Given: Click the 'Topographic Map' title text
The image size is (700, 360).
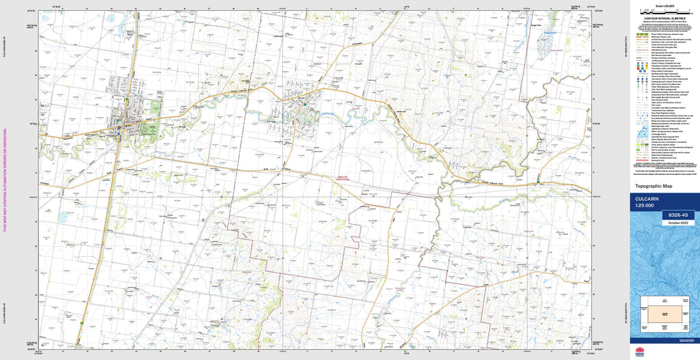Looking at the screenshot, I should (x=654, y=186).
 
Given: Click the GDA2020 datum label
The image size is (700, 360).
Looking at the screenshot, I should (x=686, y=340).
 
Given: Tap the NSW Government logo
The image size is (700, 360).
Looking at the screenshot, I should (x=640, y=352).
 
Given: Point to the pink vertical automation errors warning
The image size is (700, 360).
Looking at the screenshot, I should (x=5, y=180).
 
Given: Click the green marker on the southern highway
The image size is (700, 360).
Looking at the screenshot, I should (x=81, y=322).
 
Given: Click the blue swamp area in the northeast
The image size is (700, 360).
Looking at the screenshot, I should (x=547, y=44).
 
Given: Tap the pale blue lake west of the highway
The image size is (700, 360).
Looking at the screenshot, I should (x=63, y=217).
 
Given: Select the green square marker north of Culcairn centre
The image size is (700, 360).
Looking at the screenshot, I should (x=126, y=102).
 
